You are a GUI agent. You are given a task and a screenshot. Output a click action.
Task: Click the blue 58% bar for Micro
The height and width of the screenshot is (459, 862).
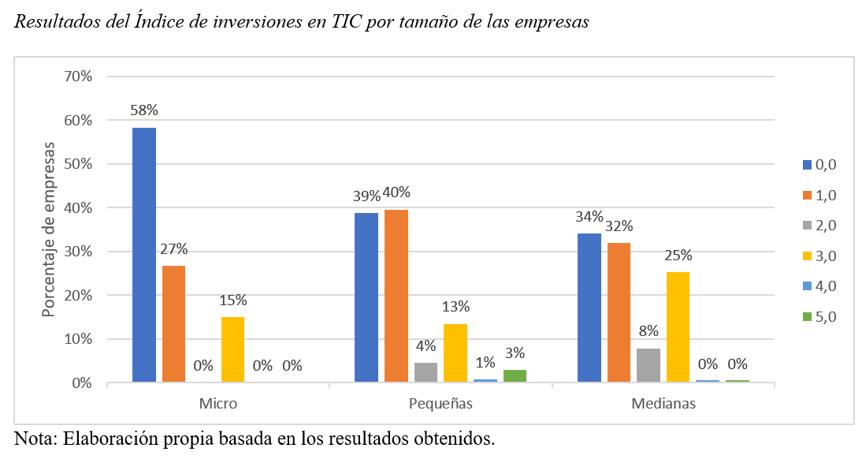point(144,255)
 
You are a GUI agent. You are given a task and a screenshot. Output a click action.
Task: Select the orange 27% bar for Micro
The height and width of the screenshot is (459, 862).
point(174,324)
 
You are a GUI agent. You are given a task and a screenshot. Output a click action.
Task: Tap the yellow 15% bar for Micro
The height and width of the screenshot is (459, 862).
point(232,349)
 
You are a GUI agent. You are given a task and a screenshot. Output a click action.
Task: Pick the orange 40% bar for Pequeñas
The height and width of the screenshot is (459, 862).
point(396,296)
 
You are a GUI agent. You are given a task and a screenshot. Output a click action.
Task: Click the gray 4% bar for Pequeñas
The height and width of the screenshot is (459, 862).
point(426,373)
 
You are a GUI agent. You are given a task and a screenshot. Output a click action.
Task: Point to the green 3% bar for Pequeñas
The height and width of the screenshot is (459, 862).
point(515,376)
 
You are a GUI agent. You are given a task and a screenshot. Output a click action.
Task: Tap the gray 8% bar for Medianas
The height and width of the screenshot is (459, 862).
point(648,366)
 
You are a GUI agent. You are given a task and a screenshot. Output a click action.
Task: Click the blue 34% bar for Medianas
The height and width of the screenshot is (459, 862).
point(589,308)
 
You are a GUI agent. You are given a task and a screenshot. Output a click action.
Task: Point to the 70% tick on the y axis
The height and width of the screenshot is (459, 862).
point(79,76)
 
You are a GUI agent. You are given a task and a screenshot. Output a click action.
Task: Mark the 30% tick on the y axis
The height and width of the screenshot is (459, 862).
point(79,252)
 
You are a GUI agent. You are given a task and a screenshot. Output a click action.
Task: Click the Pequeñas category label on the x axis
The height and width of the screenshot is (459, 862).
point(440,404)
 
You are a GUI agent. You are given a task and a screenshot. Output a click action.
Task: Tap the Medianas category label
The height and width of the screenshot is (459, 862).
point(663,404)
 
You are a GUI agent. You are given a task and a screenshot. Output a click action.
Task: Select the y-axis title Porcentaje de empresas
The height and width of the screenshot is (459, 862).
point(49,229)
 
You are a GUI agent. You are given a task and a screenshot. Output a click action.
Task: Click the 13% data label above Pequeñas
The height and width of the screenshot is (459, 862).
point(455,306)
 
